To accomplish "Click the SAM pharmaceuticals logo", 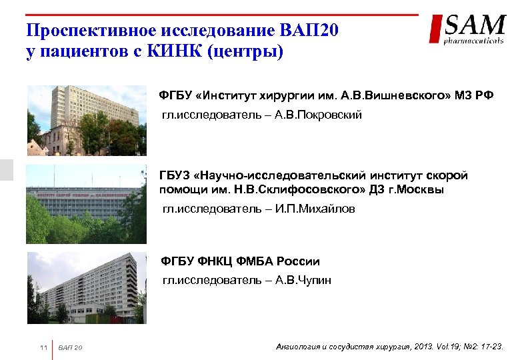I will (467, 30).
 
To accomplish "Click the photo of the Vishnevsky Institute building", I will (86, 121).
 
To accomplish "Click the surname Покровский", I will (327, 115).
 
